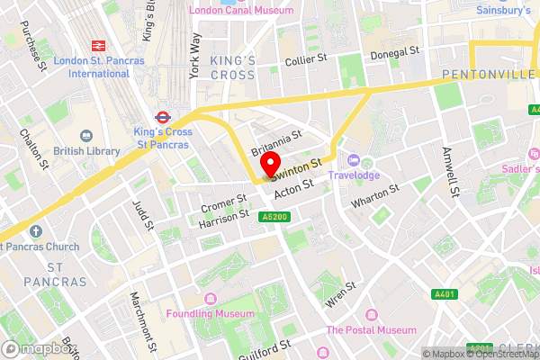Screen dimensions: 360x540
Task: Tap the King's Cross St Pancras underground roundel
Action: (162, 116)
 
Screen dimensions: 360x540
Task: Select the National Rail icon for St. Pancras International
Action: (94, 45)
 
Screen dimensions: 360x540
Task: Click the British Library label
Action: (86, 151)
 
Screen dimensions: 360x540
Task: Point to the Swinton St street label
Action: (299, 167)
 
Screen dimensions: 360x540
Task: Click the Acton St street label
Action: (292, 187)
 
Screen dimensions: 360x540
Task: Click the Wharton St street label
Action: (374, 195)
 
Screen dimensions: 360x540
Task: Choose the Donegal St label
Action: (396, 52)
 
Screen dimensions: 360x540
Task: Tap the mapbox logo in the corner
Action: (38, 349)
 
